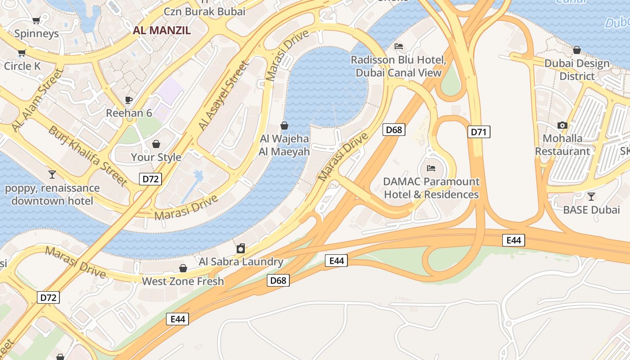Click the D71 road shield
click(x=479, y=132)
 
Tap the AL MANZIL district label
click(x=162, y=31)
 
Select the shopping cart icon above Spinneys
click(x=36, y=20)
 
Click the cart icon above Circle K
click(x=22, y=53)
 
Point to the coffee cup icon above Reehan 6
click(x=129, y=100)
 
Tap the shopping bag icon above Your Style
click(x=156, y=144)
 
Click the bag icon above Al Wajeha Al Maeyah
click(x=284, y=125)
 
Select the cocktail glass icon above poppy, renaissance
click(x=52, y=174)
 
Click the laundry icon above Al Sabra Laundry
click(x=241, y=248)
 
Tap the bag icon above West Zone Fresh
click(x=183, y=268)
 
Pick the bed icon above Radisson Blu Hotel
click(x=398, y=46)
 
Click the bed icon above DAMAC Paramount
click(x=431, y=168)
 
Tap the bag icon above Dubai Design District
click(x=576, y=50)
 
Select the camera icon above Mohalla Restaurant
click(x=562, y=125)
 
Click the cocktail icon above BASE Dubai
click(x=591, y=196)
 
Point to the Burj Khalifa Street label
click(x=88, y=155)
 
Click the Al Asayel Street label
click(x=224, y=96)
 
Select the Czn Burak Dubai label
click(x=205, y=12)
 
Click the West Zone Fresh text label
click(x=183, y=281)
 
